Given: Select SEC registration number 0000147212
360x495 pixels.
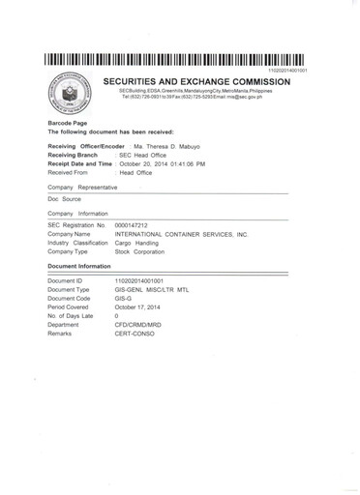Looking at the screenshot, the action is click(x=135, y=224).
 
